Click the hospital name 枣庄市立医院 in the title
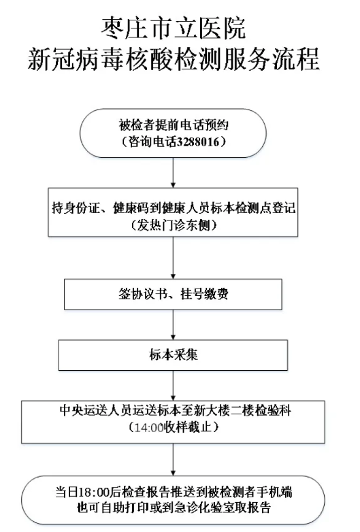pos(174,28)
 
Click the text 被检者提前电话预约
pos(174,125)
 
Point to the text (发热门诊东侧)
pos(174,225)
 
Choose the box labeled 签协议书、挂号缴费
pos(173,294)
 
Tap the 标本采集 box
pos(173,355)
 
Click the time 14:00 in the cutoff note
pos(149,427)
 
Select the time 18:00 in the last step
pos(95,492)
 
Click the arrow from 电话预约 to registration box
pos(173,173)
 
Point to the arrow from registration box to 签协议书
pos(173,258)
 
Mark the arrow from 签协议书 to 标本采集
pos(173,325)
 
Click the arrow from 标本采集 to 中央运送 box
pos(173,386)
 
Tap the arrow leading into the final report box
pos(173,459)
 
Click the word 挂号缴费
pos(204,294)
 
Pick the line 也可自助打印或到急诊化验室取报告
pos(174,508)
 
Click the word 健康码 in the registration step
pos(131,207)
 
